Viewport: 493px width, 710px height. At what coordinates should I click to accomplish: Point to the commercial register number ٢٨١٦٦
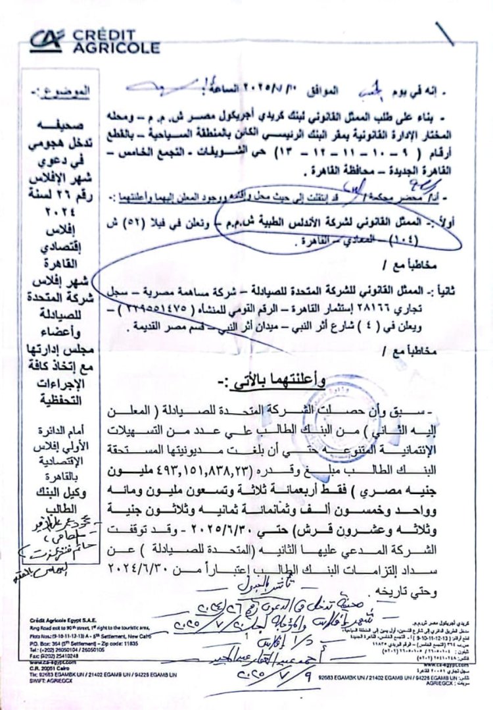click(427, 307)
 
